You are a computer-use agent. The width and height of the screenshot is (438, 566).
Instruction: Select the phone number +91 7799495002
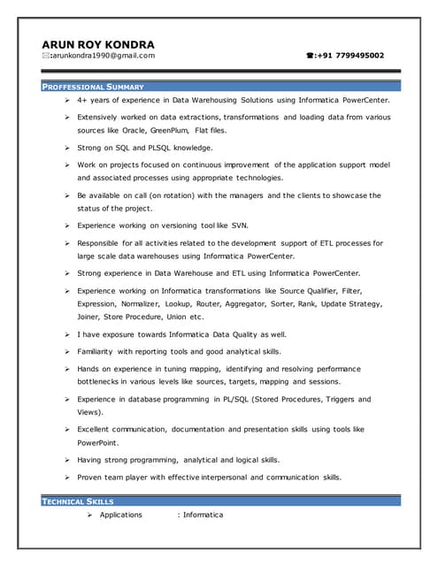[x=350, y=56]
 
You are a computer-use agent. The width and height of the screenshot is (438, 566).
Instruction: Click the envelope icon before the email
[x=45, y=56]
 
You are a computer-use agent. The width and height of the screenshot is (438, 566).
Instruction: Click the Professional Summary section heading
[x=93, y=87]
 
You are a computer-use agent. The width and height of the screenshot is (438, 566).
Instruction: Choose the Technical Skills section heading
[x=78, y=502]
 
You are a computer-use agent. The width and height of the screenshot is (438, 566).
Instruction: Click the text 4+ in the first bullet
[x=82, y=102]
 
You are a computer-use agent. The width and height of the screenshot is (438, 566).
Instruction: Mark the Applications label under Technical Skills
[x=121, y=515]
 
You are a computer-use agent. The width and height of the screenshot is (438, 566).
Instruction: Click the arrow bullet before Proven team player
[x=67, y=477]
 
